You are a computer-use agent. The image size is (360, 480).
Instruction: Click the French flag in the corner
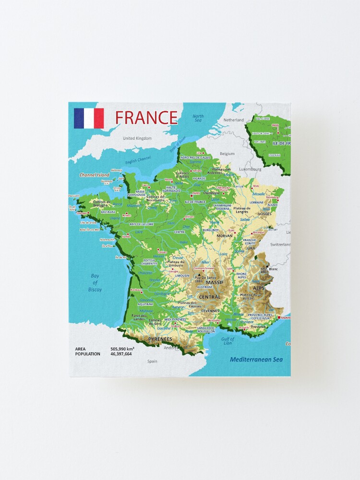(x=89, y=119)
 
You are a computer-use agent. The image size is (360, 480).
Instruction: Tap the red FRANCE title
(x=146, y=118)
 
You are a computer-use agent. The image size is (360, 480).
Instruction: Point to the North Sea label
(x=198, y=119)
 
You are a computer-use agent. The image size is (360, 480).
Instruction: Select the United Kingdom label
(x=137, y=138)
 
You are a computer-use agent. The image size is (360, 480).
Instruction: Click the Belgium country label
(x=227, y=154)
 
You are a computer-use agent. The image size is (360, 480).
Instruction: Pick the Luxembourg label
(x=250, y=169)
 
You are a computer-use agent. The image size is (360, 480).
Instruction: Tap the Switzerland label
(x=280, y=244)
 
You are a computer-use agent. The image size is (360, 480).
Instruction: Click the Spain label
(x=152, y=361)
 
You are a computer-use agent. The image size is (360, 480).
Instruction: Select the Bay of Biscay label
(x=95, y=283)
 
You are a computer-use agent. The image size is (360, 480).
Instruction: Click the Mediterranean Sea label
(x=256, y=360)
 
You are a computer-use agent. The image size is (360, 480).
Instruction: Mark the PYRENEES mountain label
(x=160, y=339)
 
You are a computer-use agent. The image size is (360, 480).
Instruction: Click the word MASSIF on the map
(x=215, y=282)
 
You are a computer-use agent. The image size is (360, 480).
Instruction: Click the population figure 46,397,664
(x=121, y=354)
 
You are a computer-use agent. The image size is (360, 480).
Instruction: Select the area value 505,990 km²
(x=122, y=348)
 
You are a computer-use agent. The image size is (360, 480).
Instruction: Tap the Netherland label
(x=234, y=120)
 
